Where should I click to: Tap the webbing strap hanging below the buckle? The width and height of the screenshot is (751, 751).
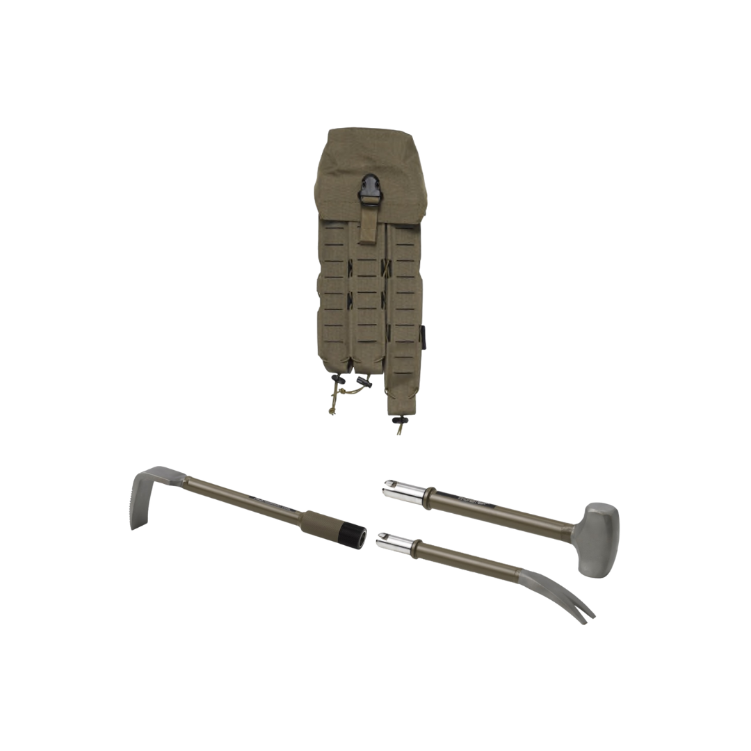coord(368,224)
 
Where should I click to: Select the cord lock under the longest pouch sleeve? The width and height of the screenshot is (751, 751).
coord(399,419)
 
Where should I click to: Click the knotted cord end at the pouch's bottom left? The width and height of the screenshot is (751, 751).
coord(332,410)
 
